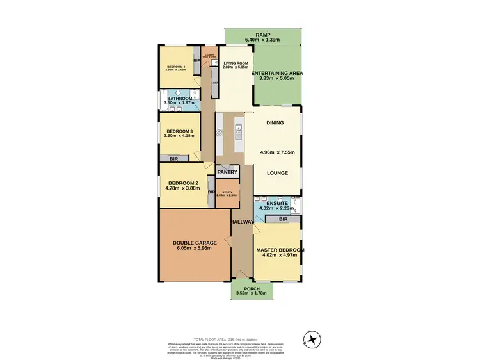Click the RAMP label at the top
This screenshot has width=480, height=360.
click(x=263, y=35)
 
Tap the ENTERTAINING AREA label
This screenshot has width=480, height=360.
click(x=277, y=74)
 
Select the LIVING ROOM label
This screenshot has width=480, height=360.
click(x=235, y=63)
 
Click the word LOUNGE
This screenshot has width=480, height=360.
click(x=276, y=173)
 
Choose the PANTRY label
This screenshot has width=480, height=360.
click(x=227, y=172)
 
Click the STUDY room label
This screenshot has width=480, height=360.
click(x=227, y=192)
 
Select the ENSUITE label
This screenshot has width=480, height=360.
click(x=277, y=203)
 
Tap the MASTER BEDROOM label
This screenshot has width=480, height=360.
click(x=280, y=249)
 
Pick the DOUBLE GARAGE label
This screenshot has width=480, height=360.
click(x=195, y=243)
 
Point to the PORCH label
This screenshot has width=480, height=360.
click(x=252, y=289)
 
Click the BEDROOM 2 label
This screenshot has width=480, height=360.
click(x=184, y=184)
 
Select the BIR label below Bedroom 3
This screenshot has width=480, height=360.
click(x=173, y=158)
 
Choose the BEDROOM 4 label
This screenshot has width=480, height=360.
click(x=176, y=67)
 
